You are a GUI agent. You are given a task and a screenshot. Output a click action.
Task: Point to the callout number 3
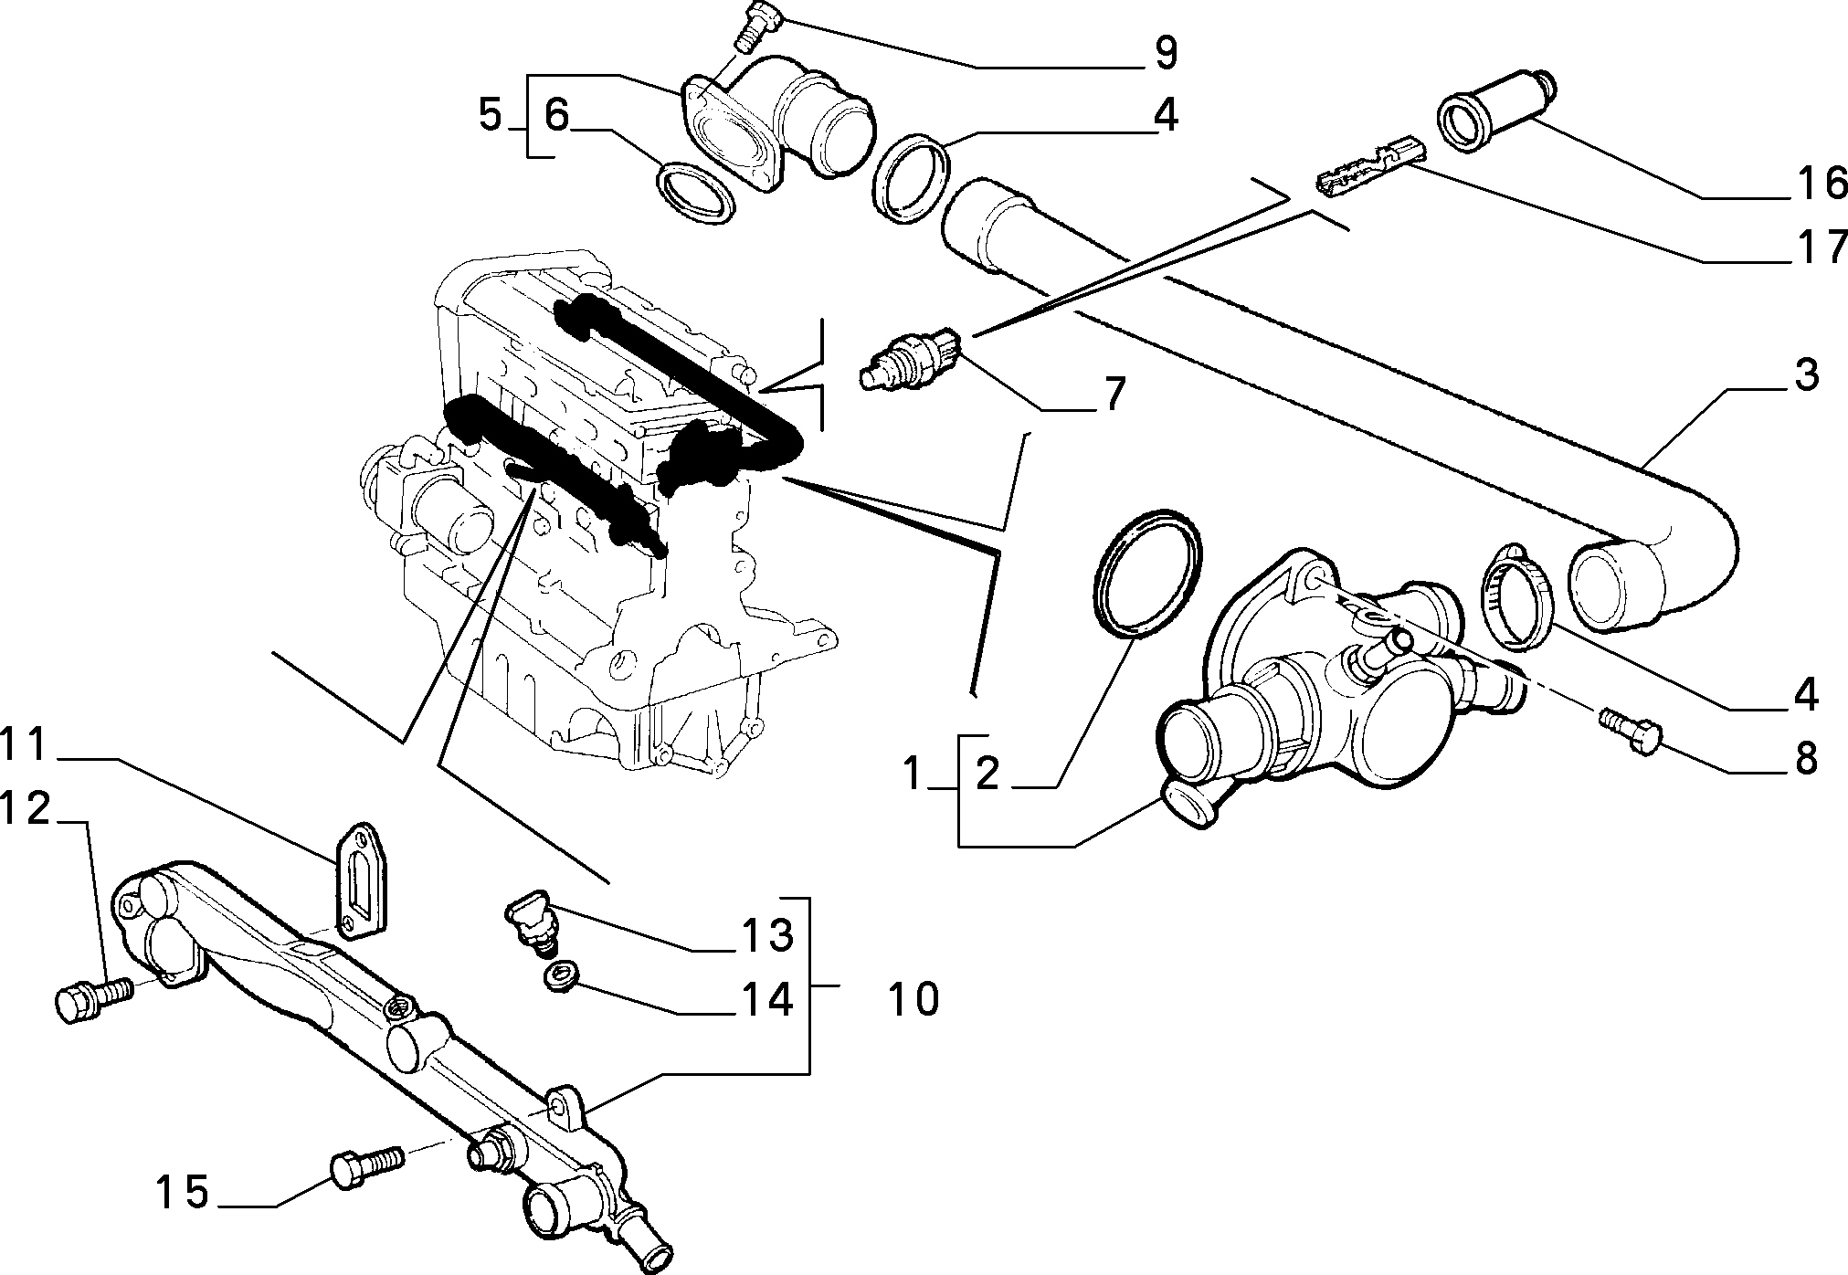[x=1804, y=375]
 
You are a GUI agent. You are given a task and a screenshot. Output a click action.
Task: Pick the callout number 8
[x=1804, y=759]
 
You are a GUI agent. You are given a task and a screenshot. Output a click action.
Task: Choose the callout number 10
[x=912, y=999]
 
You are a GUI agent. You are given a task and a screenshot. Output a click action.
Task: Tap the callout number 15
[x=182, y=1193]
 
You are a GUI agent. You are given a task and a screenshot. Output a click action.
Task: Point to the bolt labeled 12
[x=94, y=997]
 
